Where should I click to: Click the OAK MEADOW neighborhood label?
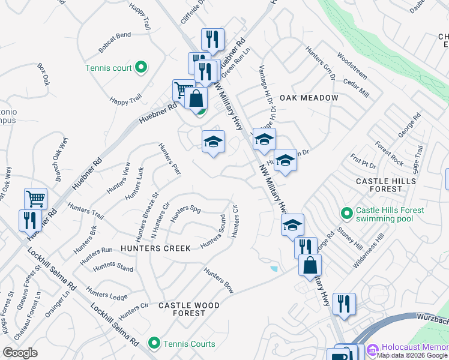pos(309,97)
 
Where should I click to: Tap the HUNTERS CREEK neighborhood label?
pos(156,248)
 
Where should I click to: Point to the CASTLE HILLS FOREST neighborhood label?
pos(387,185)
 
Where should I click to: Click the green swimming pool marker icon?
pos(346,213)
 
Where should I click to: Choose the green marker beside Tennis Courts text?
pos(154,344)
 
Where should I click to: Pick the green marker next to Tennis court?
pos(141,68)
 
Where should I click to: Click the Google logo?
pos(20,353)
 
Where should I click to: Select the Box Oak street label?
pos(43,75)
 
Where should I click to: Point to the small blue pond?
pos(274,269)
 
